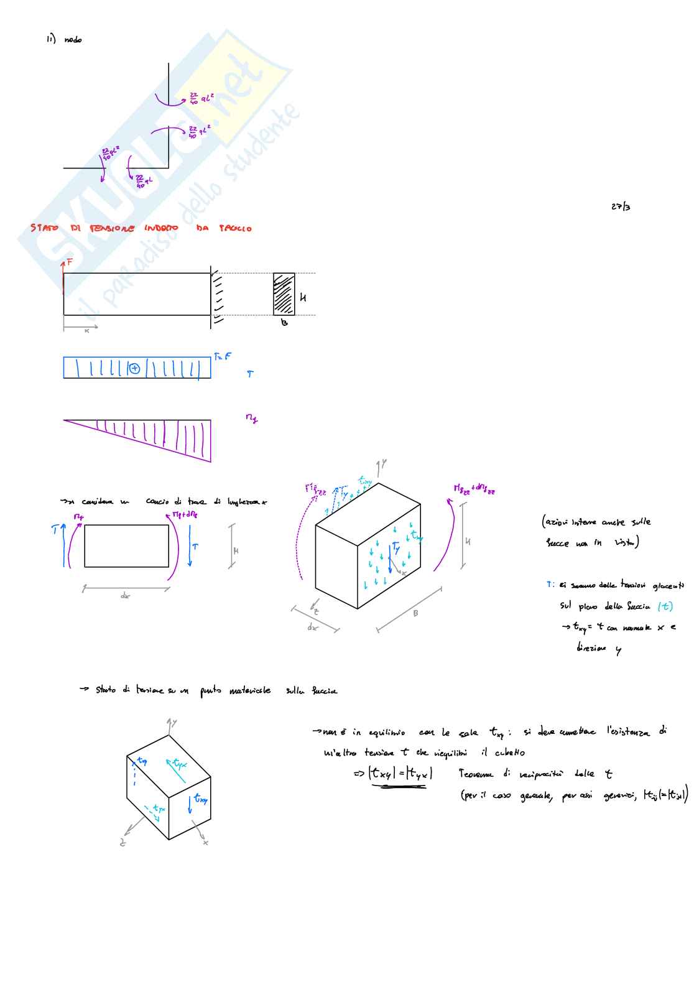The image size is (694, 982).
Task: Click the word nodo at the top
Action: [73, 40]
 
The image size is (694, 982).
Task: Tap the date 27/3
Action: [620, 206]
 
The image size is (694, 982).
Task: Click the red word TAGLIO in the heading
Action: [235, 229]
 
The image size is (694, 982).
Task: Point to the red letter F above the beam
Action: [70, 262]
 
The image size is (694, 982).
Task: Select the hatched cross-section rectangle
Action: [284, 294]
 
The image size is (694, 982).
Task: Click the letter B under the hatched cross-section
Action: [284, 323]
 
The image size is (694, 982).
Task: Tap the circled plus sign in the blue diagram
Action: [135, 368]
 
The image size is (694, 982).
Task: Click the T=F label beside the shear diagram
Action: [223, 356]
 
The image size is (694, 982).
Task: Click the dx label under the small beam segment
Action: [126, 596]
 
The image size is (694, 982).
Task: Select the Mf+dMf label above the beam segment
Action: [185, 514]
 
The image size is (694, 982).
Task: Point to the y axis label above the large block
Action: [384, 464]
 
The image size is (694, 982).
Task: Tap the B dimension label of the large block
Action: [415, 613]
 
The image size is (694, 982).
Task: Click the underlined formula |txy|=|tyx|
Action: [400, 774]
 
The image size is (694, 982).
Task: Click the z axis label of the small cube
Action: [123, 843]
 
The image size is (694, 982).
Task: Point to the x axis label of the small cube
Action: [206, 843]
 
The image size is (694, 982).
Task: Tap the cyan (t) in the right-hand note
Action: [665, 606]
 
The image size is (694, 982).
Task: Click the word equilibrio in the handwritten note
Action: [387, 733]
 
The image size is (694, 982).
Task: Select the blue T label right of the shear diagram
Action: [250, 374]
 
